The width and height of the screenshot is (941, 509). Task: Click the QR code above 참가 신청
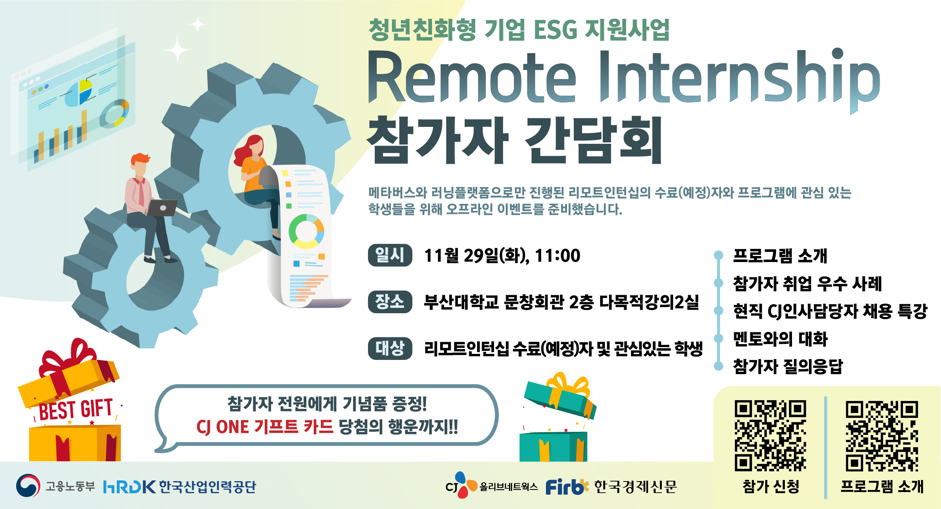pos(770,436)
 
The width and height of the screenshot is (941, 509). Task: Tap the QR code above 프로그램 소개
pos(882,436)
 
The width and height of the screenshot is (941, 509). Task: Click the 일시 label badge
pos(390,255)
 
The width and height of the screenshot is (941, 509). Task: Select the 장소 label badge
pos(390,302)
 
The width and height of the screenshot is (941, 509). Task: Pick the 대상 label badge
pos(390,348)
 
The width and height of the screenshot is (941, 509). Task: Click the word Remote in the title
pos(472,77)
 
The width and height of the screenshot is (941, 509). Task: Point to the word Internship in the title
pos(740,79)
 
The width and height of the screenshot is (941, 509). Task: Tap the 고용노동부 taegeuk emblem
pos(28,486)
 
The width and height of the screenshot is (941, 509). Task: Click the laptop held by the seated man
pos(162,208)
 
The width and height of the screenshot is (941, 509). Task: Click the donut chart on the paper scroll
pos(306,231)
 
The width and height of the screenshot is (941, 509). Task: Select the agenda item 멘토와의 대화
pos(780,339)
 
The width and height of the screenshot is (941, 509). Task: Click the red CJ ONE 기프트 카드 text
pos(265,427)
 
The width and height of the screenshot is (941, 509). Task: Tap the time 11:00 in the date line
pos(558,256)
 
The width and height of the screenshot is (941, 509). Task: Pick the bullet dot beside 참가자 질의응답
pos(719,366)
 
